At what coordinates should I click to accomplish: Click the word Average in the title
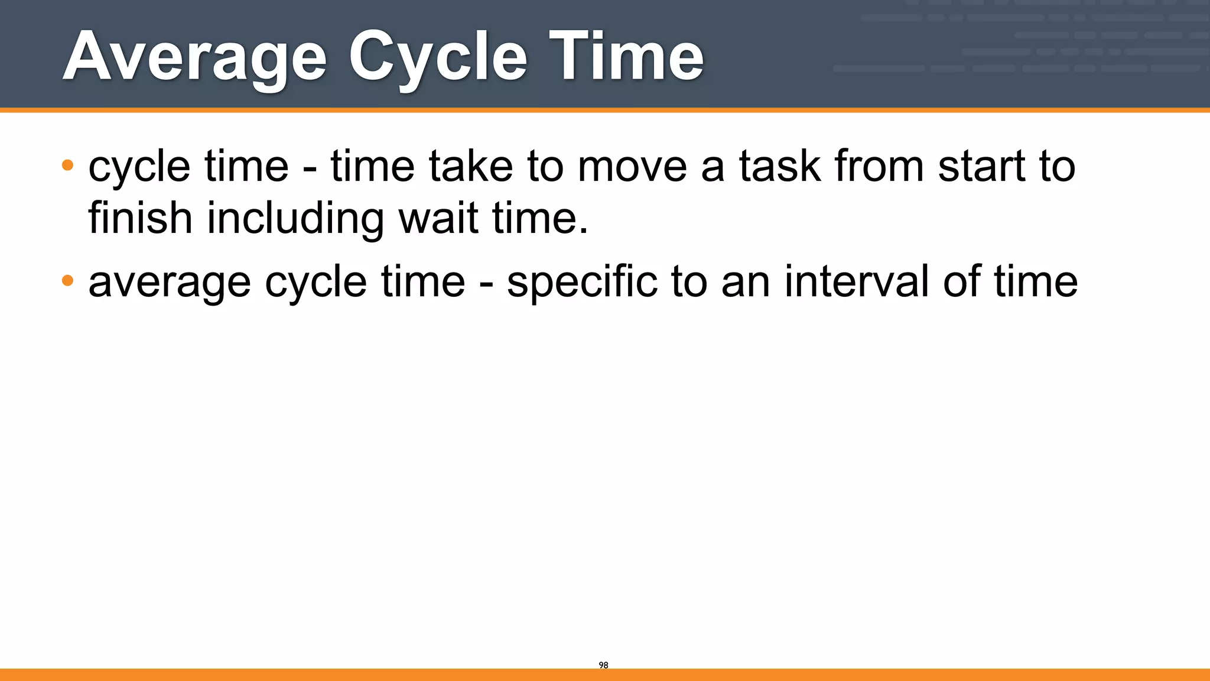pyautogui.click(x=194, y=57)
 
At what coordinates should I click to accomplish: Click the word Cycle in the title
pyautogui.click(x=438, y=57)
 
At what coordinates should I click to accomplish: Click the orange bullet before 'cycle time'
pyautogui.click(x=67, y=165)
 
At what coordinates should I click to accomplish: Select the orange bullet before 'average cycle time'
pyautogui.click(x=67, y=280)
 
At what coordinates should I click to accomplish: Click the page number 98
pyautogui.click(x=603, y=665)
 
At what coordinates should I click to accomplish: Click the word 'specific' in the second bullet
pyautogui.click(x=582, y=281)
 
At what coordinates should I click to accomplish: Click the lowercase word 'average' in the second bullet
pyautogui.click(x=170, y=283)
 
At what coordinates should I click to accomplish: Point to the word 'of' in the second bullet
pyautogui.click(x=961, y=281)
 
